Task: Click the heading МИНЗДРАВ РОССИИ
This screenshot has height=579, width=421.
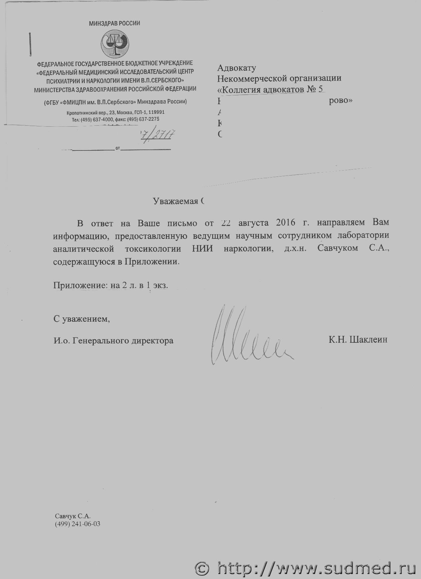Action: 115,23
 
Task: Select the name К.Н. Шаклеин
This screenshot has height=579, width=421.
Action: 358,339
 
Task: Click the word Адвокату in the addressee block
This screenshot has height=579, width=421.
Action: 237,68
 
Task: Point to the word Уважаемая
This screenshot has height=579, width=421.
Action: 176,202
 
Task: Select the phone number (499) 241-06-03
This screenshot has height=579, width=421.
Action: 78,524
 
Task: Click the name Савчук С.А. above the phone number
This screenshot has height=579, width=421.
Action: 73,516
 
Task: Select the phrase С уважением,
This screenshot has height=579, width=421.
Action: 81,319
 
